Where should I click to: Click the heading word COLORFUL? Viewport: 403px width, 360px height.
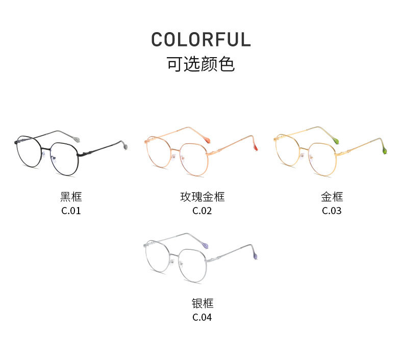201,40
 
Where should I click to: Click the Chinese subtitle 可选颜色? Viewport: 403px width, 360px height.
201,64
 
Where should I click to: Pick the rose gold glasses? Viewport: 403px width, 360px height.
194,153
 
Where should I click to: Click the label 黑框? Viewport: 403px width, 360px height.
71,197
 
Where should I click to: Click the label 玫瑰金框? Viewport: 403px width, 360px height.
202,197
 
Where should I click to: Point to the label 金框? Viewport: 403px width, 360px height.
332,197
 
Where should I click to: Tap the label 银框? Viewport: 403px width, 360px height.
202,303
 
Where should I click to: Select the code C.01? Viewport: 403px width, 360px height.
71,211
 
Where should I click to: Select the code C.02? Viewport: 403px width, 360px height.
202,211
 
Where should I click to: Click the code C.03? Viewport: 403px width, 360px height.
332,211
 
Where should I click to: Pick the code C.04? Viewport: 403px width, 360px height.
202,317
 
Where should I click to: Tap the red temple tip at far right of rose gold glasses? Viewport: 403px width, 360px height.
255,147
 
